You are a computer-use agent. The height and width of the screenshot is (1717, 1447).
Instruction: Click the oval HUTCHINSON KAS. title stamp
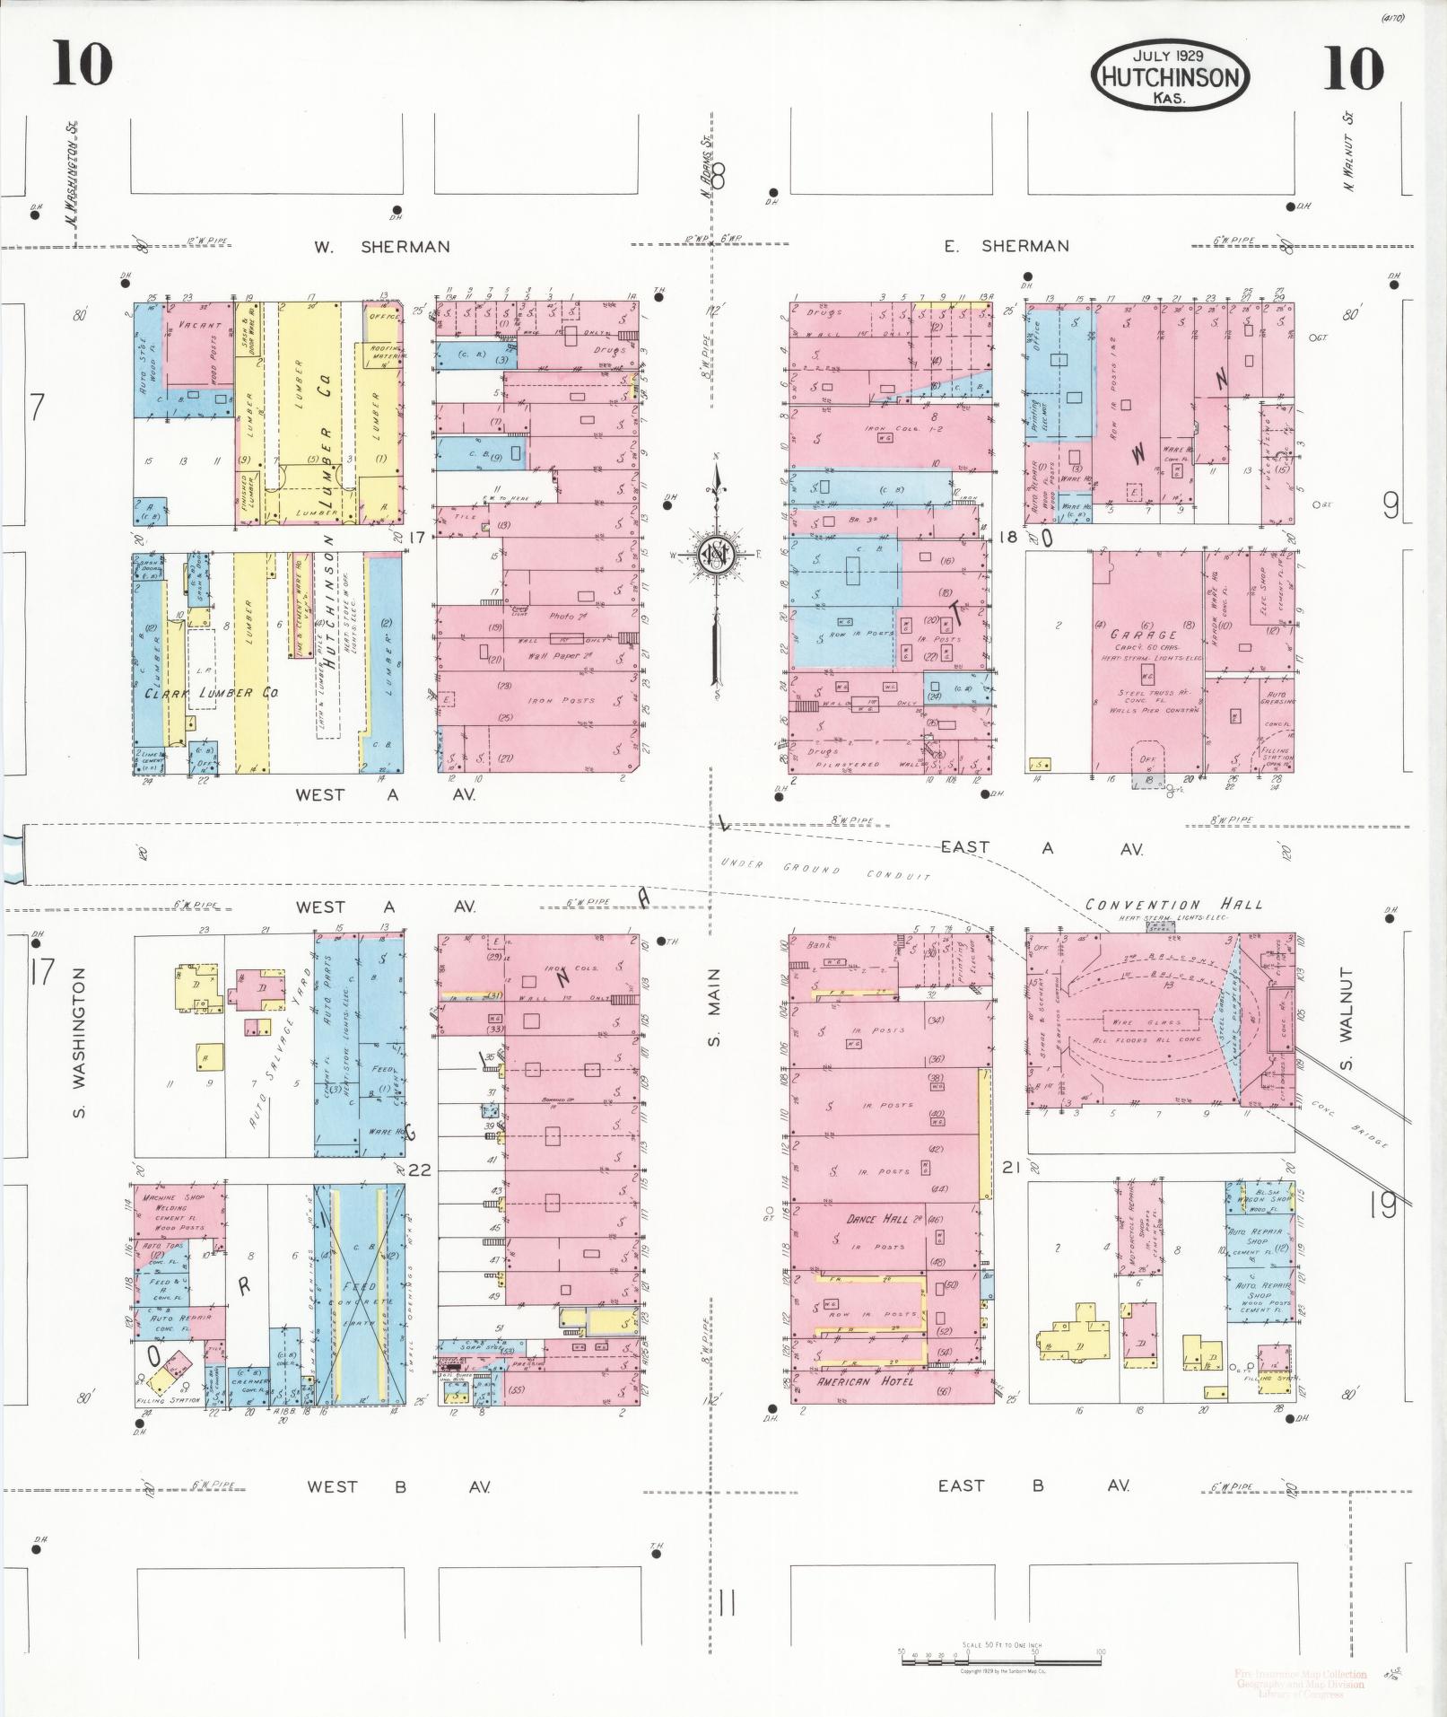1170,77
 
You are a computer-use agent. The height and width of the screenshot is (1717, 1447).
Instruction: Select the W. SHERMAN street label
381,247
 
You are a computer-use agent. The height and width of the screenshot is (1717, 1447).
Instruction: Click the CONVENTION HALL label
1173,905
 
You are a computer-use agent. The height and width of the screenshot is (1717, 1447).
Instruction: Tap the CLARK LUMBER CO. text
212,693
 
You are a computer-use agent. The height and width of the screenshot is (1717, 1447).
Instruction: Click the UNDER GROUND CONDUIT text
826,870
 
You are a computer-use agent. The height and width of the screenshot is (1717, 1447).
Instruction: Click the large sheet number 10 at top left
83,65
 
